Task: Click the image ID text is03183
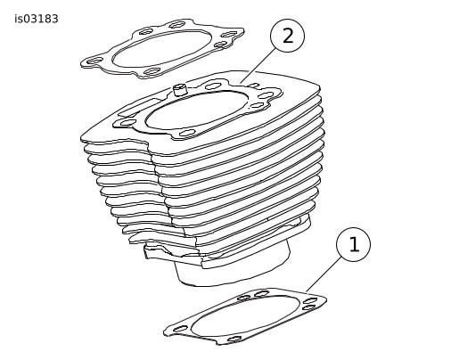coord(37,19)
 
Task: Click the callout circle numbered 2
coord(287,36)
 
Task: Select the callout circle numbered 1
coord(353,244)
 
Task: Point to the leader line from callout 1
coord(324,274)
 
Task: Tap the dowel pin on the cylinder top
coord(179,90)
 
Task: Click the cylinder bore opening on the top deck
coord(197,111)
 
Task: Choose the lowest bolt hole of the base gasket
coord(234,339)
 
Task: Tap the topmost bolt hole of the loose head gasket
coord(177,24)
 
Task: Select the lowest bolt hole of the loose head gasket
coord(152,71)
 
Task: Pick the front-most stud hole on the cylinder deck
coord(187,133)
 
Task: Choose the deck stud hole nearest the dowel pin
coord(213,86)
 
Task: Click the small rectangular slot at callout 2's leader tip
coord(253,86)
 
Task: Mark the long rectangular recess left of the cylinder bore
coord(136,108)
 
